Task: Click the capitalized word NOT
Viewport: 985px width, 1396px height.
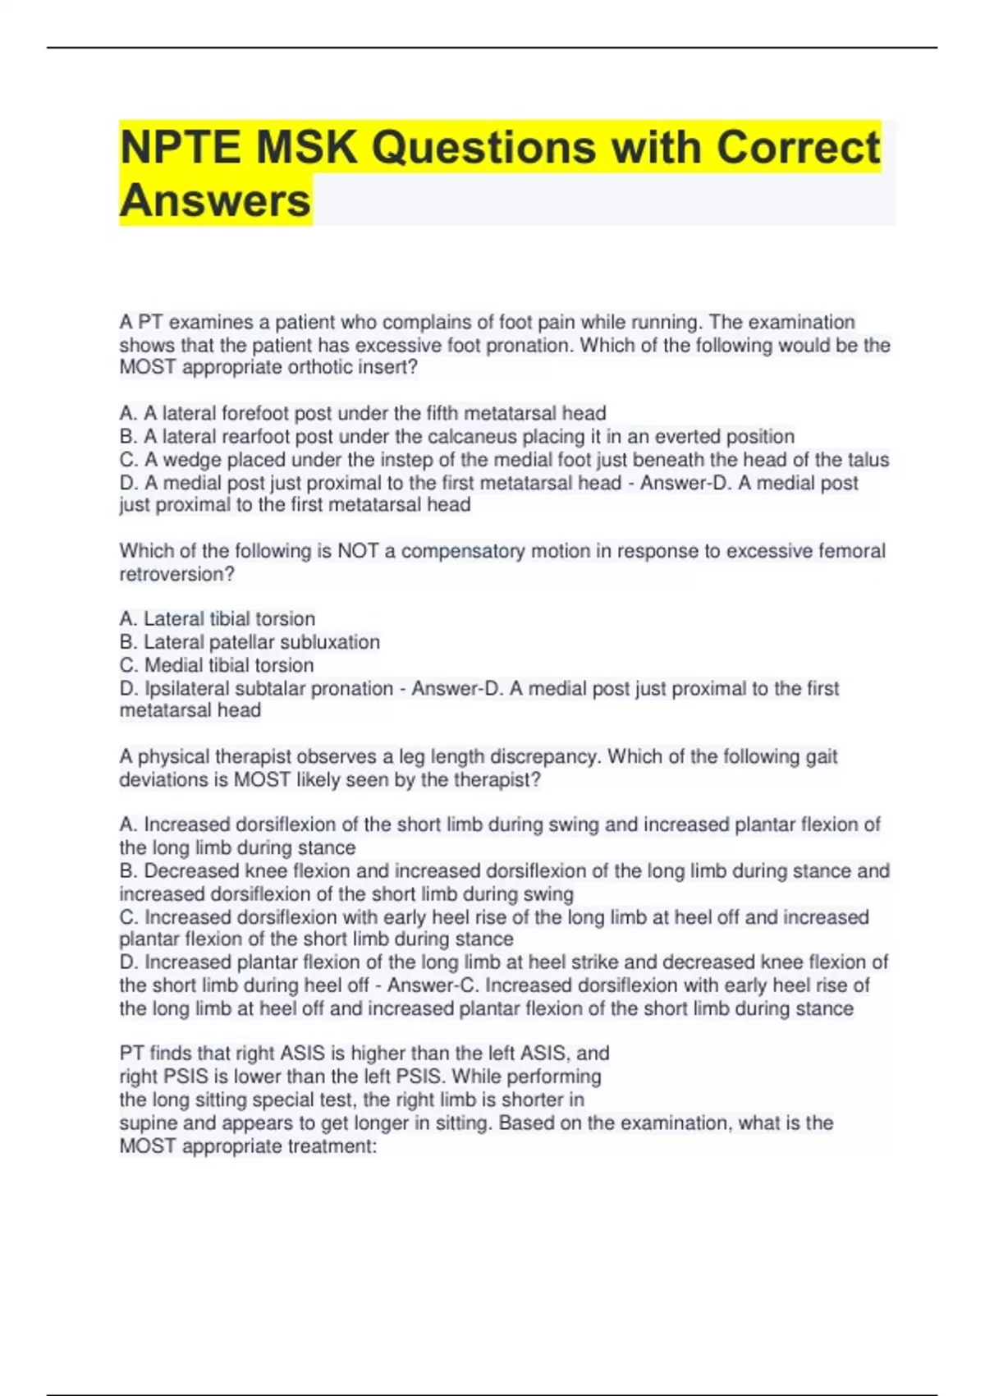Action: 358,550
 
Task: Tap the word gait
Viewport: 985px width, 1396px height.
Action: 821,755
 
